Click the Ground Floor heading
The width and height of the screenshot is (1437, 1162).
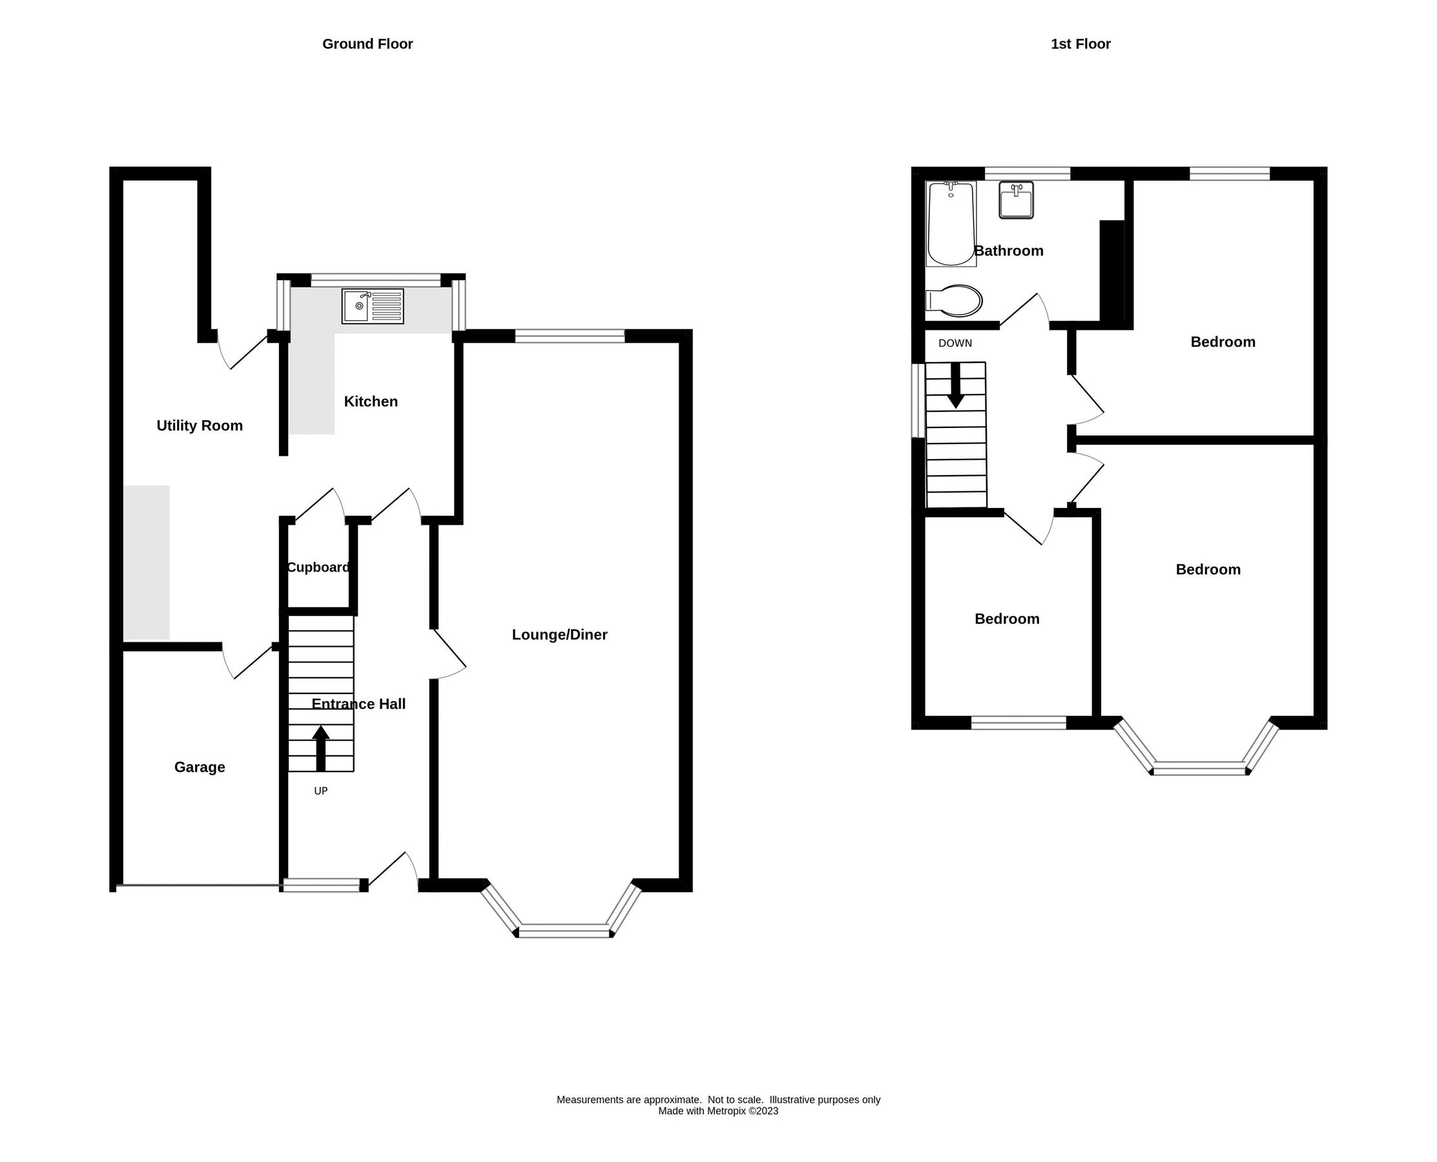[367, 44]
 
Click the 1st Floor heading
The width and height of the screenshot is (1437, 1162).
[1080, 44]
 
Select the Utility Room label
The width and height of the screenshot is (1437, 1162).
[200, 425]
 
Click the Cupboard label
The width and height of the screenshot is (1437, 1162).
[318, 567]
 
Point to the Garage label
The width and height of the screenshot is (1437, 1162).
[200, 767]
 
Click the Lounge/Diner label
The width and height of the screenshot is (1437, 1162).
[559, 635]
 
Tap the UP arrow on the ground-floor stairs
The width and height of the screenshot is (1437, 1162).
[321, 748]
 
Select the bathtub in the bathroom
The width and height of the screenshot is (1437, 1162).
[950, 223]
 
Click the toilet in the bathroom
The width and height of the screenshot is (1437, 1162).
[954, 301]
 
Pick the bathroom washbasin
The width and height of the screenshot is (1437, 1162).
[1016, 199]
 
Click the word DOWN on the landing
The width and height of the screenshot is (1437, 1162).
[955, 343]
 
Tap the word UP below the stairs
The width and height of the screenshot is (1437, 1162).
[321, 791]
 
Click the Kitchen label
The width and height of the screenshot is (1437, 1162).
[370, 402]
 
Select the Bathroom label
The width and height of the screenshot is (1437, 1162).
[1008, 251]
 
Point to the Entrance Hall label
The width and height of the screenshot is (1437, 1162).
[358, 704]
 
